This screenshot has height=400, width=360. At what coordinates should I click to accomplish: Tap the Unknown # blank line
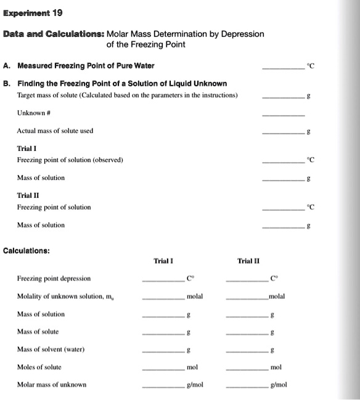(284, 115)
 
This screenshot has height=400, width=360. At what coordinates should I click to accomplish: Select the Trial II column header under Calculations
(248, 261)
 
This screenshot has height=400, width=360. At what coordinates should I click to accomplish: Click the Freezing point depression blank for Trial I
(163, 282)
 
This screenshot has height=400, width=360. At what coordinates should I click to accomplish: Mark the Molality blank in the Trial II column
(247, 300)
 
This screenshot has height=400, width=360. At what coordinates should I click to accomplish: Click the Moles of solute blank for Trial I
(163, 370)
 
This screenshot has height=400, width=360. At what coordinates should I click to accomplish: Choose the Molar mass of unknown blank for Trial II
(247, 388)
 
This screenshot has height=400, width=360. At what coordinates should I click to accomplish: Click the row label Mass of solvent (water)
(51, 349)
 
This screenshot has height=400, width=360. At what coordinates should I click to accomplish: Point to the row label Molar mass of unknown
(52, 385)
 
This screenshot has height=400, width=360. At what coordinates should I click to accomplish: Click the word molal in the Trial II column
(276, 296)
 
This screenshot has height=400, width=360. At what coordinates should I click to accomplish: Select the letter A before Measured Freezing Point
(6, 65)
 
